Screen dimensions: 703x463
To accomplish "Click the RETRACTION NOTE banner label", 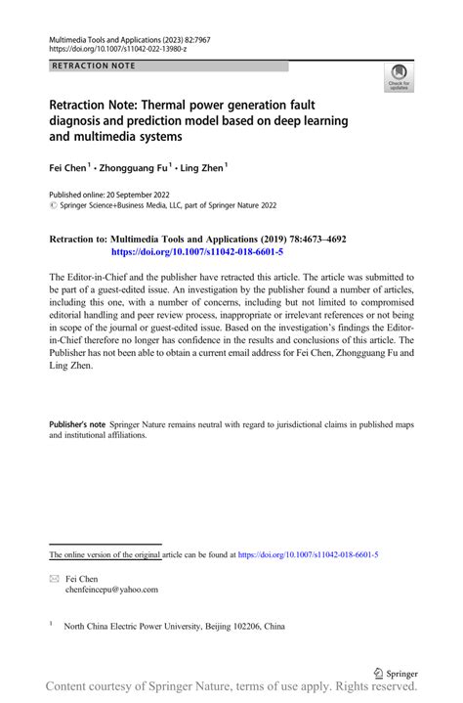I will point(95,66).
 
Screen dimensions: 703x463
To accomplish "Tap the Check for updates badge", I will point(400,79).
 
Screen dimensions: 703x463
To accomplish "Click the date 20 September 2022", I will point(146,195).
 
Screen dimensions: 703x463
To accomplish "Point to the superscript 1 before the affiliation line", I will point(51,623).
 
